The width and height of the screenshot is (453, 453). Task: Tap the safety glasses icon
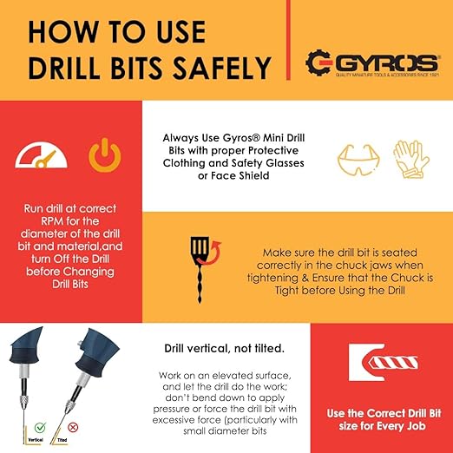(x=357, y=162)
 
